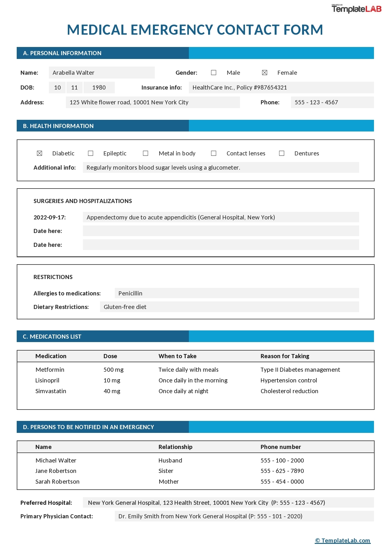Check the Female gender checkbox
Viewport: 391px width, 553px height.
265,73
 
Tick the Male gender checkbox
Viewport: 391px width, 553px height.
214,73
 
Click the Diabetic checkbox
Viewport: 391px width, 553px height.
39,154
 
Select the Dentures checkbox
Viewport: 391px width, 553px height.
282,154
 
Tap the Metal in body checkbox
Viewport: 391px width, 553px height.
145,154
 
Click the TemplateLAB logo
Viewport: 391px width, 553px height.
356,9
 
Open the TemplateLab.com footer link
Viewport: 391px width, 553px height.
343,540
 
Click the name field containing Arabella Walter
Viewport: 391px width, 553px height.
102,73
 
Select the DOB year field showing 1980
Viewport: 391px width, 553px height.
99,88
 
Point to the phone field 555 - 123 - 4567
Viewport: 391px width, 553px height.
332,102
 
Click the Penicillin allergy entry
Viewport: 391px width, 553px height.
131,294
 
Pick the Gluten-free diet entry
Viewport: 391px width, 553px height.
125,307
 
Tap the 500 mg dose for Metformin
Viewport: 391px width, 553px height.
114,370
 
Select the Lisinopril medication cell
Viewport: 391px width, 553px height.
47,381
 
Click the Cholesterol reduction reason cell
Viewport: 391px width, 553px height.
289,391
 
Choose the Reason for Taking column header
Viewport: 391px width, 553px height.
285,356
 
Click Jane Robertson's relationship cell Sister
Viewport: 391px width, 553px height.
166,471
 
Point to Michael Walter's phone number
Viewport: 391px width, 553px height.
282,461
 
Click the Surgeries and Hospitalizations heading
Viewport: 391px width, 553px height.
83,201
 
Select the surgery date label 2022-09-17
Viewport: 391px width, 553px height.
50,218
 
